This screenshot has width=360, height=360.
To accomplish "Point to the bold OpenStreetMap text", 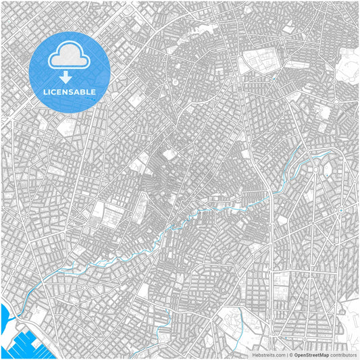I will (307, 354).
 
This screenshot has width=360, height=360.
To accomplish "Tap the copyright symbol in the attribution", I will (288, 354).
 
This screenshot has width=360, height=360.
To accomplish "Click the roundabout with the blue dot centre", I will (340, 211).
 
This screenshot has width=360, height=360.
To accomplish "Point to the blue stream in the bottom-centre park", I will (162, 334).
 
